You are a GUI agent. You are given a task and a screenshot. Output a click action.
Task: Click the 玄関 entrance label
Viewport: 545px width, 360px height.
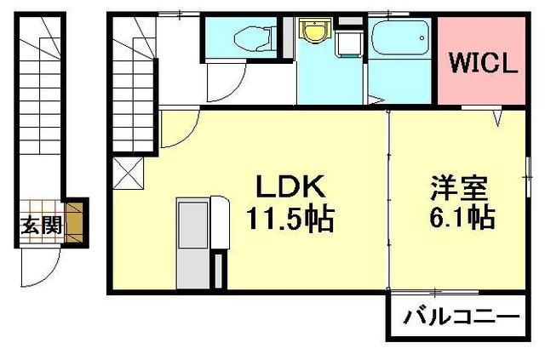tap(41, 226)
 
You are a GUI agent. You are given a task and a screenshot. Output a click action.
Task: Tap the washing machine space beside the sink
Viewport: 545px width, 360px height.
tap(347, 43)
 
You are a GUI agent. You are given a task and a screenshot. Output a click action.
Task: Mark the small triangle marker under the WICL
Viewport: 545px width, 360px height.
tap(496, 121)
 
